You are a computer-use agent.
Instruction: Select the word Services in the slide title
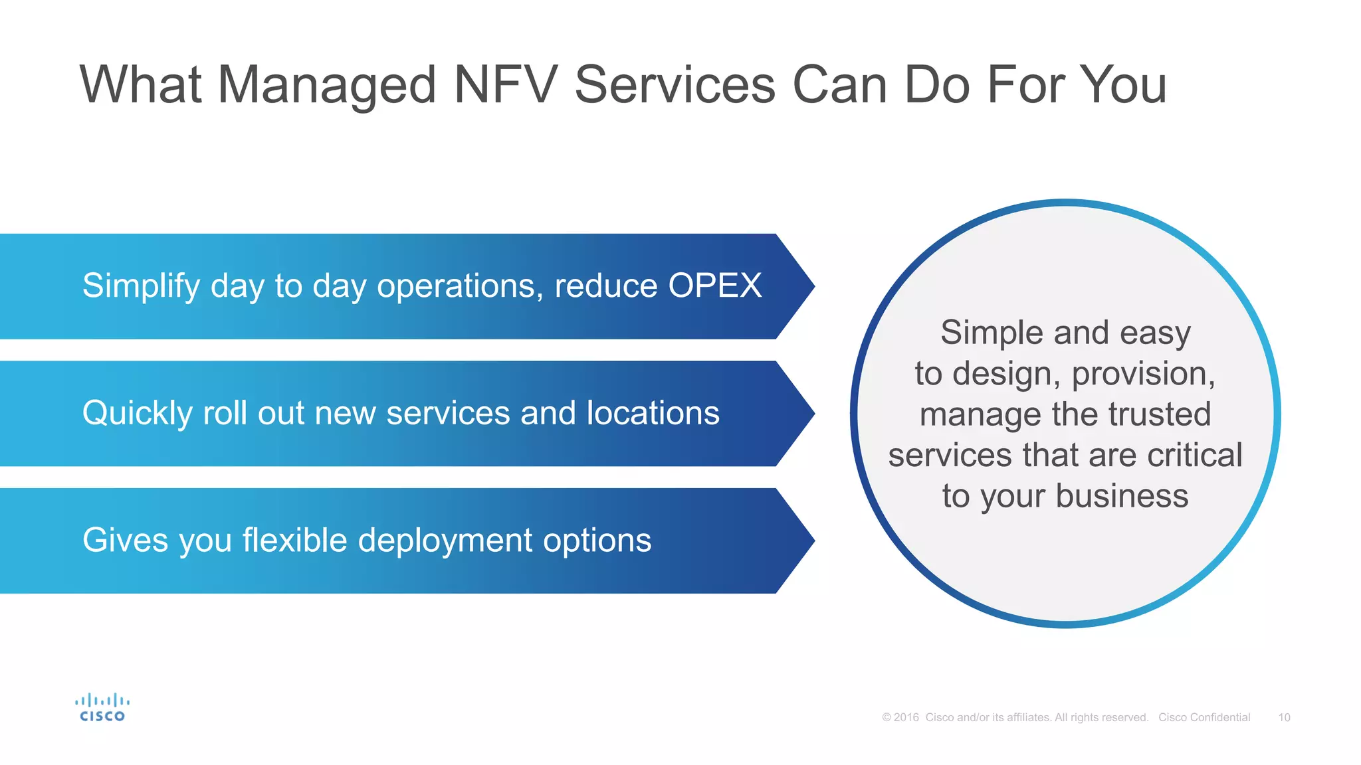pyautogui.click(x=675, y=85)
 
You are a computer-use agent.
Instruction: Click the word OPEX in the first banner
pyautogui.click(x=714, y=286)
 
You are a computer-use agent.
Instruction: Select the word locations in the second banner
pyautogui.click(x=653, y=413)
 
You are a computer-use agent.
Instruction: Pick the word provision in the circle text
pyautogui.click(x=1142, y=374)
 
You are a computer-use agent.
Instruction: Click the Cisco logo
pyautogui.click(x=102, y=708)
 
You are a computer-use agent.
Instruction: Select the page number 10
pyautogui.click(x=1284, y=717)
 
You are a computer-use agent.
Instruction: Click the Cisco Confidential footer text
pyautogui.click(x=1204, y=717)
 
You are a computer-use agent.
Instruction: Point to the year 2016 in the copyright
pyautogui.click(x=906, y=717)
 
